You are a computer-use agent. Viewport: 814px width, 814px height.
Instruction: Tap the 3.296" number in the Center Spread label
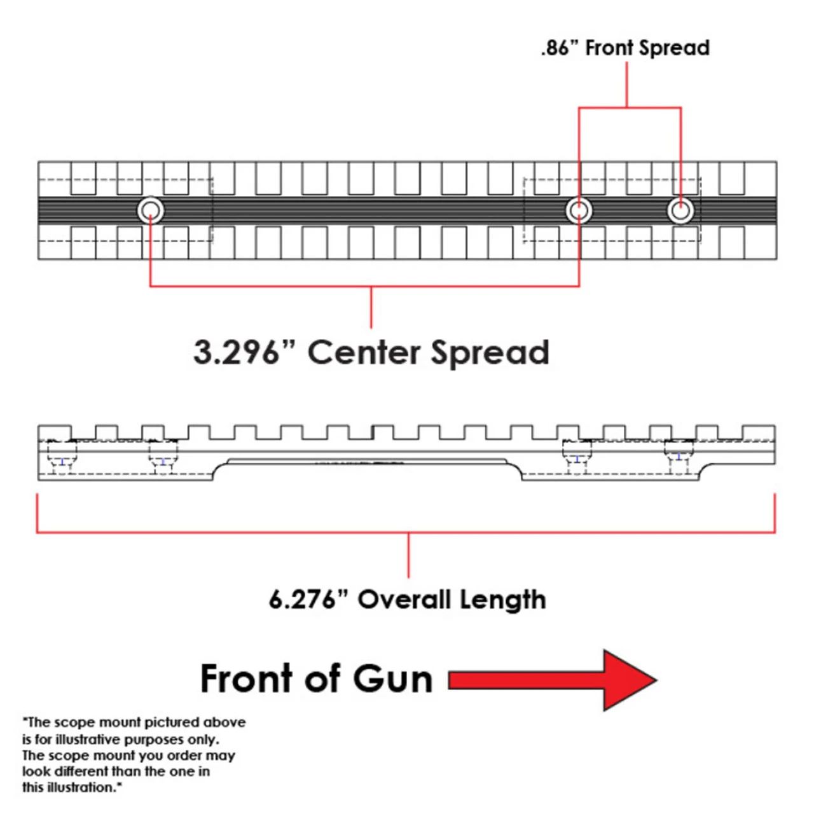coord(236,352)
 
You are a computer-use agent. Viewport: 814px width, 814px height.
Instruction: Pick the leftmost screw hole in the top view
coord(151,210)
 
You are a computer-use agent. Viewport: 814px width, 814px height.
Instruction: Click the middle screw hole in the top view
coord(579,210)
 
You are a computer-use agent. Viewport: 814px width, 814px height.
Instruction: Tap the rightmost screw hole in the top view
coord(680,210)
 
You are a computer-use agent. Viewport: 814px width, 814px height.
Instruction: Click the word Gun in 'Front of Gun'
coord(392,679)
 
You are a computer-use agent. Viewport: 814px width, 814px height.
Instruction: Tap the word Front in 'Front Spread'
coord(609,48)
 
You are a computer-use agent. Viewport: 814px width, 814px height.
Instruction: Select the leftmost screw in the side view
coord(62,459)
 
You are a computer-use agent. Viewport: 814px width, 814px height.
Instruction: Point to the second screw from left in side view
coord(163,459)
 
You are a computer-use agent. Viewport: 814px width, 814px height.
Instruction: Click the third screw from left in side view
coord(577,457)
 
